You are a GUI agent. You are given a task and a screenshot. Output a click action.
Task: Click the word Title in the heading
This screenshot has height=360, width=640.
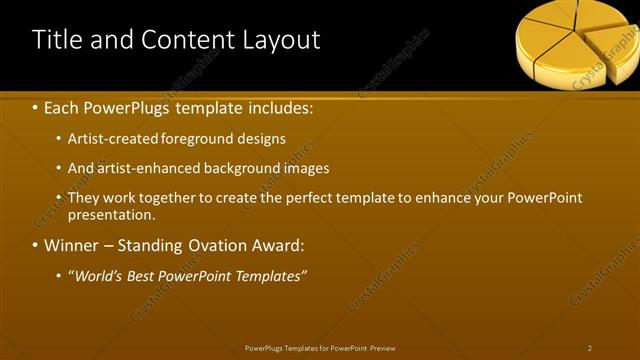56,40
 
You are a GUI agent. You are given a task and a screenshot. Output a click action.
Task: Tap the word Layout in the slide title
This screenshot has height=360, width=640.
281,40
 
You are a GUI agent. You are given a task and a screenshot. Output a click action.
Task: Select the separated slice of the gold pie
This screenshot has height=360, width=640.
612,44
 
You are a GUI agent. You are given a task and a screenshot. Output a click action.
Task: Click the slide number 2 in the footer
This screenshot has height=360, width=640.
590,348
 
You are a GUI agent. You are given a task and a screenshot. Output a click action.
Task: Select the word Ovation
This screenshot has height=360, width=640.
220,245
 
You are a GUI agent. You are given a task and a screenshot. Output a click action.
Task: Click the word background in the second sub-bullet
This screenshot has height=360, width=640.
238,168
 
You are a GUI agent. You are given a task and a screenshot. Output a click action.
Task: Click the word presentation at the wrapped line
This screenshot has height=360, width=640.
111,214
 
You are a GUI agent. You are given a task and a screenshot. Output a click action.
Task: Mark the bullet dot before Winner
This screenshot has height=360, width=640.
36,245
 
